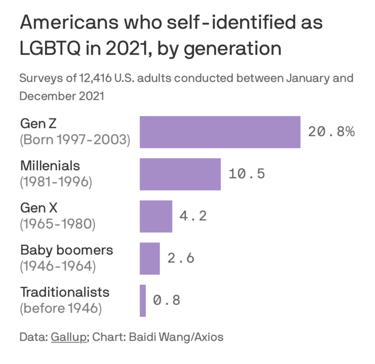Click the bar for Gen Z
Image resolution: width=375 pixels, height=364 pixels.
220,132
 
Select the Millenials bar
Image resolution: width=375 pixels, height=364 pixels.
180,174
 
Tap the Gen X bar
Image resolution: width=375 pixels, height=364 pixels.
156,216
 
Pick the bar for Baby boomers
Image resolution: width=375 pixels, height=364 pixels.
149,258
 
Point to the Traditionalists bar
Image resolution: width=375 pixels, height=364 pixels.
142,300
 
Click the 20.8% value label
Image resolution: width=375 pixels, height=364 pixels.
331,132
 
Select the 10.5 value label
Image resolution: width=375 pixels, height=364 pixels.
246,174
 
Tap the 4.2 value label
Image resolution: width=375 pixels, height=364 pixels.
193,216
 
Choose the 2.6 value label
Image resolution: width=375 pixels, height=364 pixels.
181,258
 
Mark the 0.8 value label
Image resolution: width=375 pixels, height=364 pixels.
167,300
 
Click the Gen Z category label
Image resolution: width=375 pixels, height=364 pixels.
38,124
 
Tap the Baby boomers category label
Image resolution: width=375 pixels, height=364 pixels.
67,250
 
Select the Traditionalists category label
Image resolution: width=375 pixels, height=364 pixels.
65,292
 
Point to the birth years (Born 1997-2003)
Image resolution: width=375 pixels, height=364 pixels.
75,140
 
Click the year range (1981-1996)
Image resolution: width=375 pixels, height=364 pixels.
56,182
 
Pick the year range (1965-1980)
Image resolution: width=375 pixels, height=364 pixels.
57,224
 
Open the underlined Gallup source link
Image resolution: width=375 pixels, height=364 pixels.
69,337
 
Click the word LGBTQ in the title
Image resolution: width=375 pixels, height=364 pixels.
50,48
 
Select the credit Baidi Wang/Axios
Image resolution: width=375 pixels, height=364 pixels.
176,337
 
